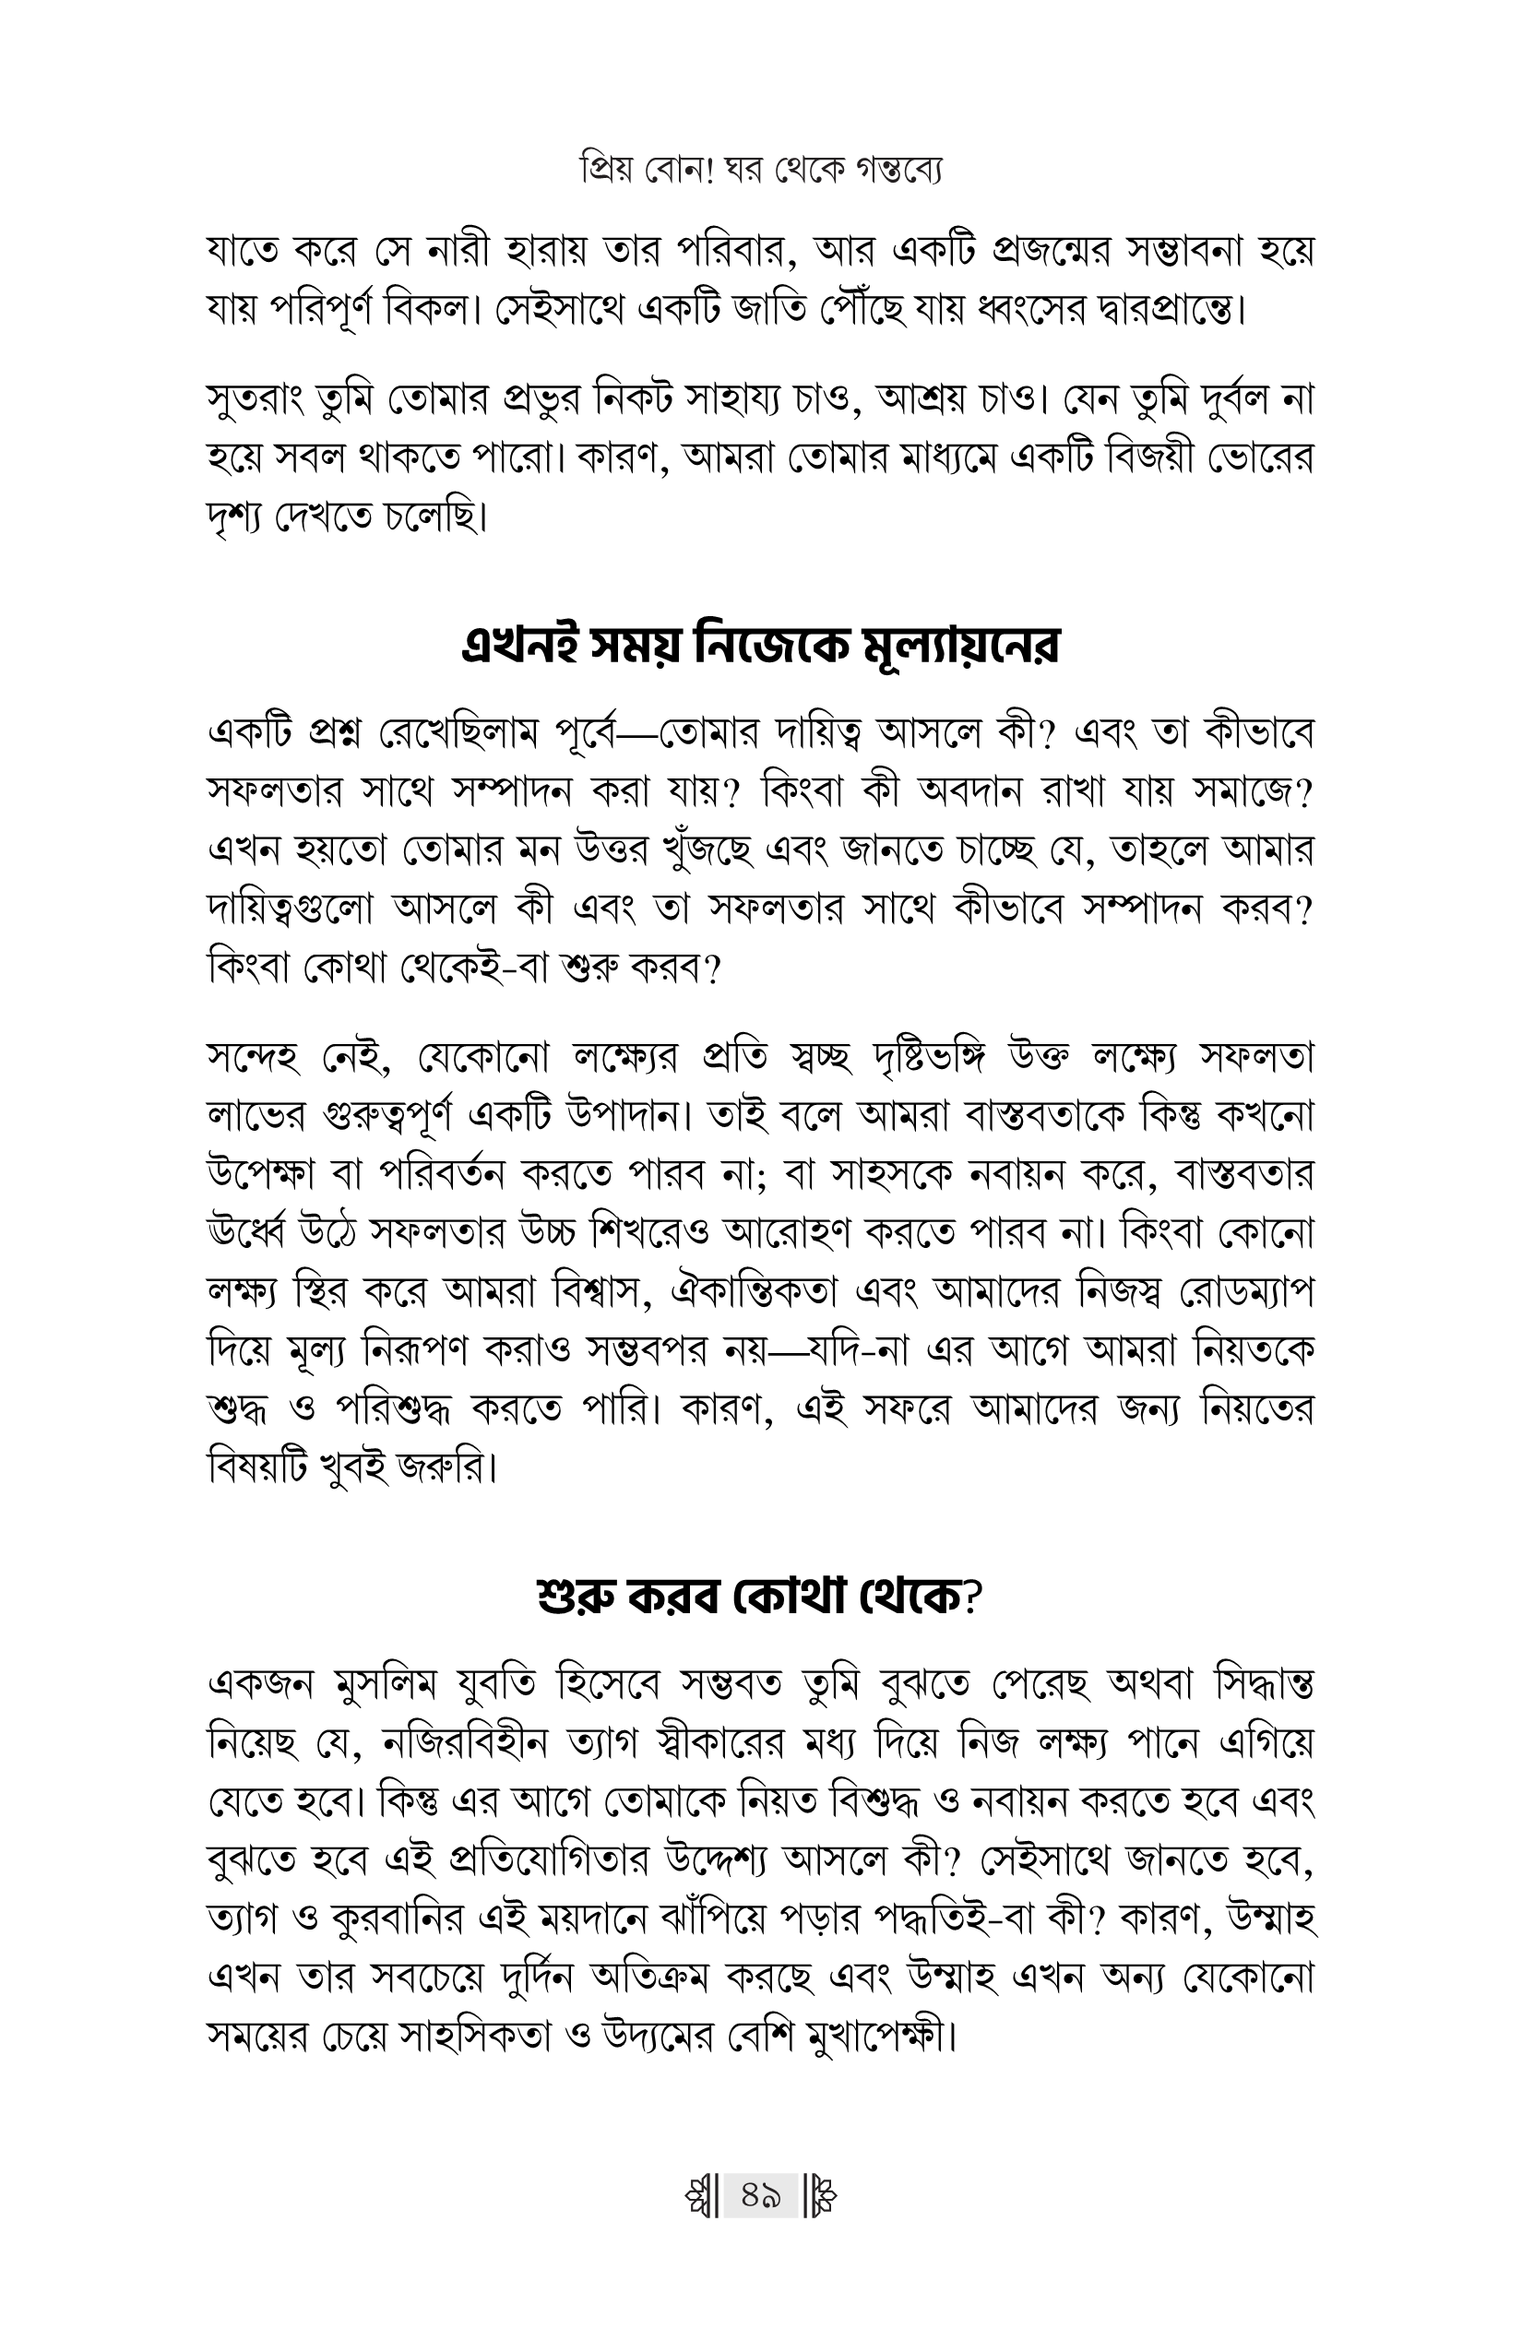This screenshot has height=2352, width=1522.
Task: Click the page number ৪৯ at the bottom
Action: [760, 2198]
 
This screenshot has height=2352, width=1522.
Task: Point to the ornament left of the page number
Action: [700, 2198]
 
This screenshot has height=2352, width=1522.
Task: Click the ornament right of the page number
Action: [821, 2198]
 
